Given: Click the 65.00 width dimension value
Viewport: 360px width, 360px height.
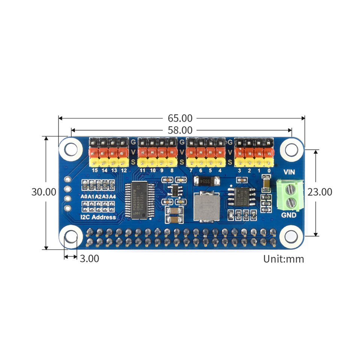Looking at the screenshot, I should [x=180, y=118].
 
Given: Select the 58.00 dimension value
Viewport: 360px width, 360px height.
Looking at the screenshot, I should [x=180, y=130].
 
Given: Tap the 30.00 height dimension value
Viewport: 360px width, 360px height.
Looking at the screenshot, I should [x=44, y=192].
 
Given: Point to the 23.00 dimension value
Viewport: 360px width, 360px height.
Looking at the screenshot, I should [x=320, y=192].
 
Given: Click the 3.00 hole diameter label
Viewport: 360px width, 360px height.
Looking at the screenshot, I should [x=90, y=258].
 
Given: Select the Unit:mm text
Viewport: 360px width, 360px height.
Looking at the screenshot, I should [x=283, y=259].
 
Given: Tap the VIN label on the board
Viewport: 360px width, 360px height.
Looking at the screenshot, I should [x=289, y=172].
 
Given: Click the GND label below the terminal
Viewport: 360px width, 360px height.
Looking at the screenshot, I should [x=289, y=215].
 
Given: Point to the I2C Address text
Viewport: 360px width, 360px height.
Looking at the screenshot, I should [x=98, y=217].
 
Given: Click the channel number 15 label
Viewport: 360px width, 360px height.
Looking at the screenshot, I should [x=94, y=170].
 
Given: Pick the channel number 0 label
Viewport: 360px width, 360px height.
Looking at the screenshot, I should [x=268, y=170].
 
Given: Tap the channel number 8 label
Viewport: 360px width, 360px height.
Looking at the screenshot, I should [x=172, y=170].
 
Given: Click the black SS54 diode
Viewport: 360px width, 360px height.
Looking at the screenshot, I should [x=206, y=181].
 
